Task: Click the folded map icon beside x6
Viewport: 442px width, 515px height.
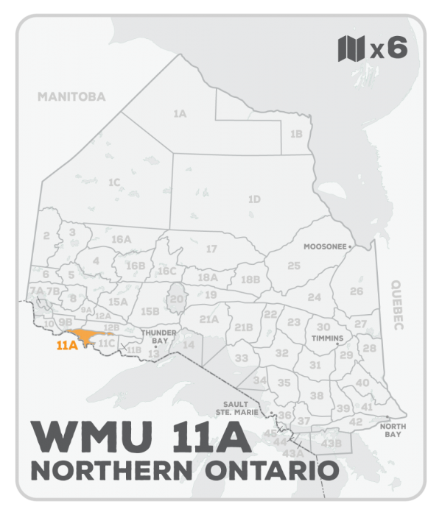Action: [x=351, y=49]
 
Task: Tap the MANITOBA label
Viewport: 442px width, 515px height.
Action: [x=72, y=96]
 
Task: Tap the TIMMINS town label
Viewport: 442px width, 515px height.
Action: [x=328, y=339]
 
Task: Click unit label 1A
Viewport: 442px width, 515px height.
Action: [x=179, y=114]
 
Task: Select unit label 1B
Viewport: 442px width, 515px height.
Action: [x=296, y=134]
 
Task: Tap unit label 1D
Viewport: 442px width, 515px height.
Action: [x=254, y=199]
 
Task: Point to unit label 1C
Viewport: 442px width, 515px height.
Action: [x=113, y=182]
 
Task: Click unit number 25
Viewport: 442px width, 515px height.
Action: [x=294, y=266]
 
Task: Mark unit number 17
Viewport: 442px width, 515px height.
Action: [x=211, y=249]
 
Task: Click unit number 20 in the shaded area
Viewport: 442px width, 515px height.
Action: [x=176, y=299]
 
